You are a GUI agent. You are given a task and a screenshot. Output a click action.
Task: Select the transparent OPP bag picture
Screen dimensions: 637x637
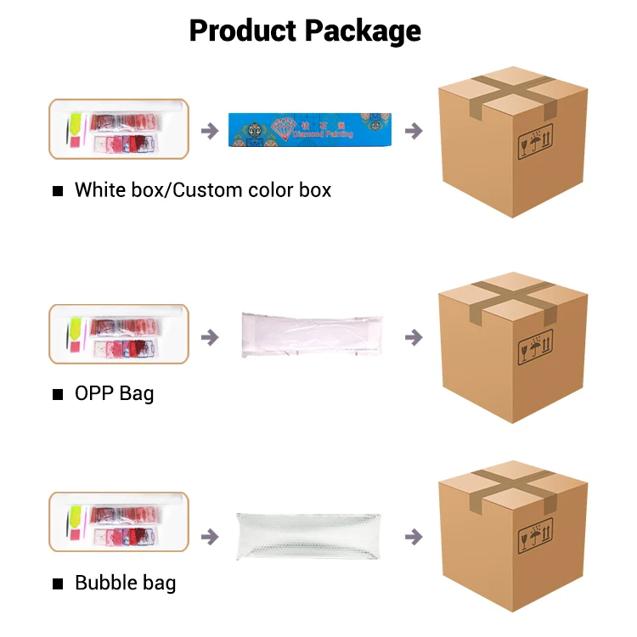[311, 333]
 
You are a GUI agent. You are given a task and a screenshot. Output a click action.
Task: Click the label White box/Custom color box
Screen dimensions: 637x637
[203, 189]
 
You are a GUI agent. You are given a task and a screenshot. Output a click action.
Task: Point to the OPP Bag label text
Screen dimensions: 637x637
[114, 393]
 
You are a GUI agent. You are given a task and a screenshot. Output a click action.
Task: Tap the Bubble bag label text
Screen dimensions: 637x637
[125, 583]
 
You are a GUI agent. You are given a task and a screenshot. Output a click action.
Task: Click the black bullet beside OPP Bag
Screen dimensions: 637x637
[58, 394]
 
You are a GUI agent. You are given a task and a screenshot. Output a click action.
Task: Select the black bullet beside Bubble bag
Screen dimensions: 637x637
[58, 583]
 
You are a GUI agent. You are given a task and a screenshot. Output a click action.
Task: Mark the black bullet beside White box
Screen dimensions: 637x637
[58, 190]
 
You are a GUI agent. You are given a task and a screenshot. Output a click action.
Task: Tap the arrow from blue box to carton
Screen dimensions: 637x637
[414, 131]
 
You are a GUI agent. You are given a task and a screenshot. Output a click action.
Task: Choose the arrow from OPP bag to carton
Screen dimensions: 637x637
[414, 337]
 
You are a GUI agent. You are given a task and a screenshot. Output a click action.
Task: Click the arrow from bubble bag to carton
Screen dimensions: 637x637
[414, 537]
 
